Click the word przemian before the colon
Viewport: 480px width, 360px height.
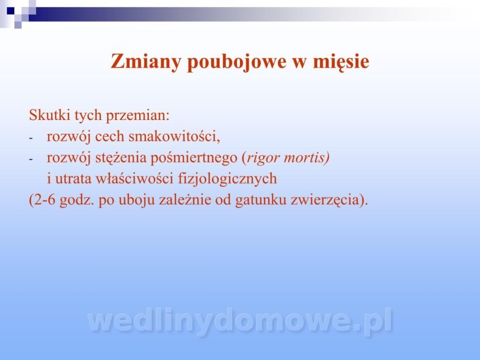(136, 116)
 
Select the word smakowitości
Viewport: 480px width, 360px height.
(173, 136)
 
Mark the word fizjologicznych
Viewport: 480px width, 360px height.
(228, 179)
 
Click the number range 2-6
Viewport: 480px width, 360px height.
(42, 200)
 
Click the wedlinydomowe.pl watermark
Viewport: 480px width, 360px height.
(240, 321)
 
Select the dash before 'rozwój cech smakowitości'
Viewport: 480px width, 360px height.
(31, 138)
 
